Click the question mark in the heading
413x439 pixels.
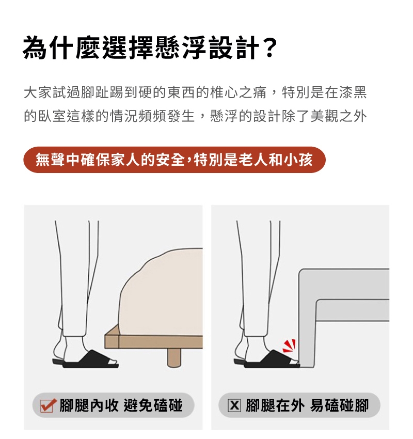pyautogui.click(x=269, y=48)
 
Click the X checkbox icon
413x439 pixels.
pyautogui.click(x=234, y=405)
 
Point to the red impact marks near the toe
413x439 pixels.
pyautogui.click(x=289, y=346)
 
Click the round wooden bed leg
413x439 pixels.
pyautogui.click(x=174, y=357)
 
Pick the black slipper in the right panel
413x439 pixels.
pyautogui.click(x=267, y=359)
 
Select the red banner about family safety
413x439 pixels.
pyautogui.click(x=174, y=160)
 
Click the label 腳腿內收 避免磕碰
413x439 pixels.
pyautogui.click(x=121, y=405)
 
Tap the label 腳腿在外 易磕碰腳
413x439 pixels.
pyautogui.click(x=307, y=405)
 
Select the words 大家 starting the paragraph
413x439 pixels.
pyautogui.click(x=38, y=92)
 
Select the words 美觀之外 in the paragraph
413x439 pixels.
pyautogui.click(x=339, y=116)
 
